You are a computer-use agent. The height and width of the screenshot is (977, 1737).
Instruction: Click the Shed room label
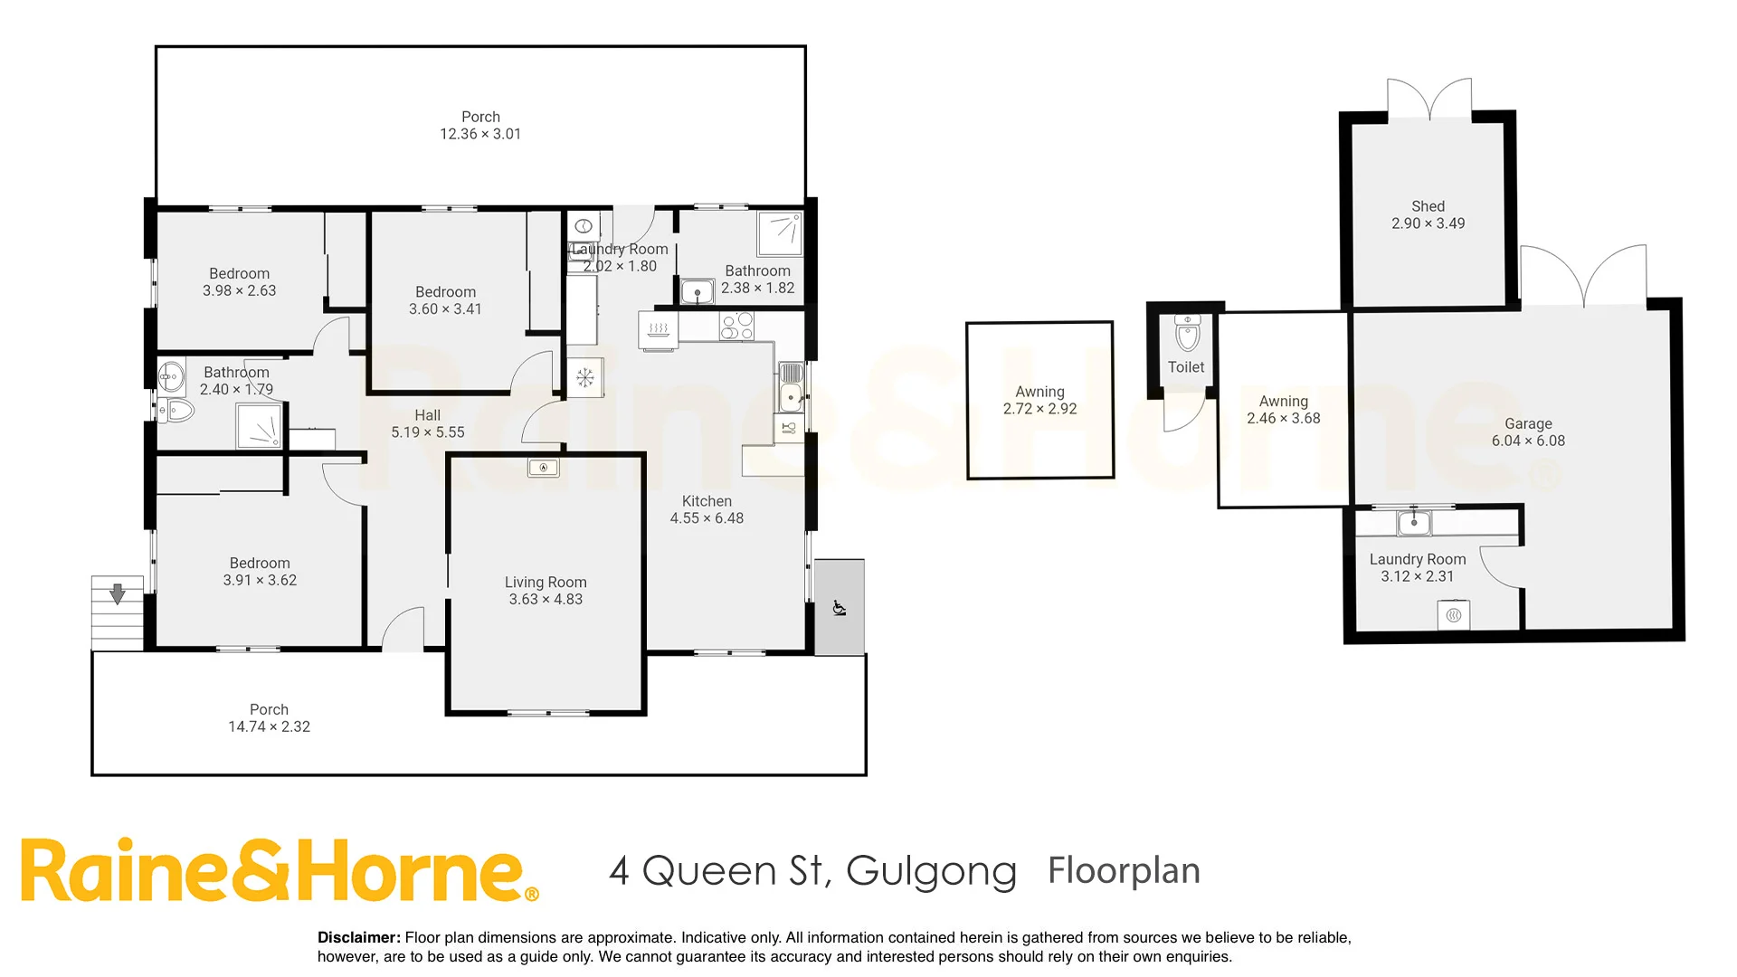[x=1428, y=206]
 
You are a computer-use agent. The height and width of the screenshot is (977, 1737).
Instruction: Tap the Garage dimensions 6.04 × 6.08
[x=1528, y=441]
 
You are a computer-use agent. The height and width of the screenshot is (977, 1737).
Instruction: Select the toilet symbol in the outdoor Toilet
[x=1187, y=334]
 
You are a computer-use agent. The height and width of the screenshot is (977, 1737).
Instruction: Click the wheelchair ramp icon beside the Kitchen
[x=839, y=608]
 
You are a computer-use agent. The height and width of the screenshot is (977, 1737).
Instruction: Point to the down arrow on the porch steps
[x=117, y=594]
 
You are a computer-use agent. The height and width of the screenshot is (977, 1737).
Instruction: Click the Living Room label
[x=546, y=583]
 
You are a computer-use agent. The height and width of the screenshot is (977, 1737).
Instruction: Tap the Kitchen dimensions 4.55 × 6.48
[x=707, y=518]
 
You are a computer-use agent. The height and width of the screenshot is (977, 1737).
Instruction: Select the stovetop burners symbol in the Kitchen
[x=736, y=326]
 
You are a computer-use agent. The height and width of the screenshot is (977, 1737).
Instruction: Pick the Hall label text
[x=427, y=415]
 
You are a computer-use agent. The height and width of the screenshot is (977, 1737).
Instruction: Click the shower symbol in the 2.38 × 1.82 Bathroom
[x=779, y=233]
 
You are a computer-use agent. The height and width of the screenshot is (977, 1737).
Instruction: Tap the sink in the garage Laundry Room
[x=1414, y=523]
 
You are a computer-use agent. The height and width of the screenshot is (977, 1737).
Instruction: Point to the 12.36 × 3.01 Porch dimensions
[x=480, y=134]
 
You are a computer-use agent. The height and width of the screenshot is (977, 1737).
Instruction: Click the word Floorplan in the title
[x=1124, y=870]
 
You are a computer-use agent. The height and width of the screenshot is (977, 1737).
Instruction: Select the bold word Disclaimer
[x=358, y=938]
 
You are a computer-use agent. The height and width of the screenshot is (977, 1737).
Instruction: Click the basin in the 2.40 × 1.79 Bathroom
[x=170, y=375]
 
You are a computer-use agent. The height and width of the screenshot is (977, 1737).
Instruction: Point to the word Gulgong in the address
[x=931, y=871]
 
